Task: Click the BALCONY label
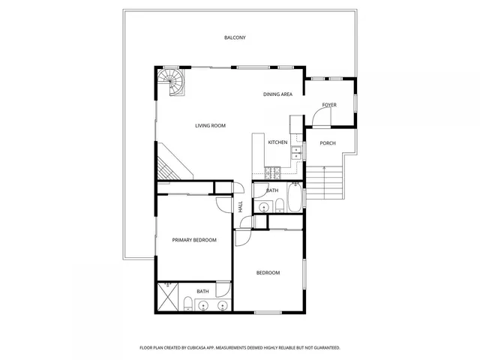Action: coord(235,37)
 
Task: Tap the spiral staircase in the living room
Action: coord(171,81)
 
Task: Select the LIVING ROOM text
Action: coord(210,125)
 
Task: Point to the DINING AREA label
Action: coord(277,94)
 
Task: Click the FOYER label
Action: coord(329,104)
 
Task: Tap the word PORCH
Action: coord(328,142)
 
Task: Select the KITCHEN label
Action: coord(277,142)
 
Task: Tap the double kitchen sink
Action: coord(296,151)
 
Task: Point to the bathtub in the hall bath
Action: coord(293,199)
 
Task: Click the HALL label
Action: coord(241,206)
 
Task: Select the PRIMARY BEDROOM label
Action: coord(194,240)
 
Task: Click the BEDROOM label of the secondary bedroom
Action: coord(268,272)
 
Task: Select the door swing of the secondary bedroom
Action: coord(244,236)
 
